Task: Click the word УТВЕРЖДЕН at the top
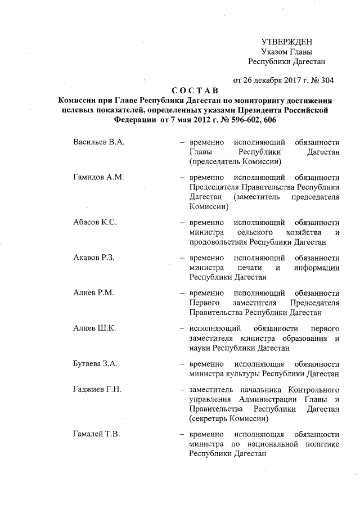point(287,42)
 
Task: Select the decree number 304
point(327,80)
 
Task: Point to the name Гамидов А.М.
point(98,177)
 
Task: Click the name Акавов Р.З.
point(94,258)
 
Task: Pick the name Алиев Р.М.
point(93,294)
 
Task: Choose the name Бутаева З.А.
point(95,363)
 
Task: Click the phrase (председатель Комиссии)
point(235,162)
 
